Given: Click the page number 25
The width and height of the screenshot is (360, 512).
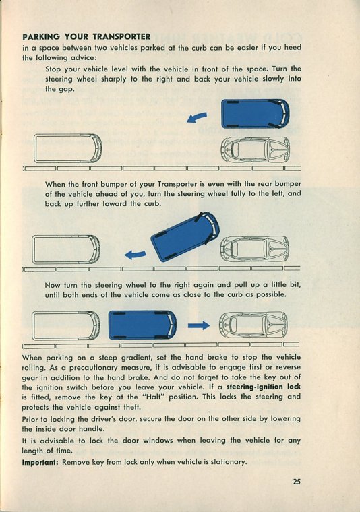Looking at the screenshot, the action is (297, 482).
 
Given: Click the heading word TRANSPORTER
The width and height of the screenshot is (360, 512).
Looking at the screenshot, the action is (121, 36).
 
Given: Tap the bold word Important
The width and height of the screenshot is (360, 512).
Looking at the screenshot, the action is (40, 462).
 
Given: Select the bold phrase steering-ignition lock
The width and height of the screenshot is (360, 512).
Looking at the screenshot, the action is (264, 387).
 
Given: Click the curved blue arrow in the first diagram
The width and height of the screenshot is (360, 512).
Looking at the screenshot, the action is (197, 117).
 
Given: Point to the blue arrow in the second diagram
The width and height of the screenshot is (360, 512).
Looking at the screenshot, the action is (136, 255).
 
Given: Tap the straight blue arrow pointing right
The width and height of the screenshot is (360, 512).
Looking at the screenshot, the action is (199, 325).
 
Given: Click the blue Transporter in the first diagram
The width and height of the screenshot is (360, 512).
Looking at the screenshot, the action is (255, 113).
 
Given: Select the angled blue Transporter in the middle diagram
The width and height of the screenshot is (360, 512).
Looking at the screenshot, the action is (185, 237).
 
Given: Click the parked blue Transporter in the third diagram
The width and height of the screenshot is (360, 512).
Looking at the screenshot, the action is (142, 325).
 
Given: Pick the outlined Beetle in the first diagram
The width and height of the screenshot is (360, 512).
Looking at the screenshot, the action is (256, 150).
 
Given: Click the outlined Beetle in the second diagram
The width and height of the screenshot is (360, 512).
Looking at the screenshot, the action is (254, 249).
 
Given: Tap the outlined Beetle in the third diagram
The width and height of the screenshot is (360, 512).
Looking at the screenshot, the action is (253, 325).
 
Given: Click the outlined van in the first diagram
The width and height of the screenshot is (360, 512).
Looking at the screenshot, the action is (68, 149).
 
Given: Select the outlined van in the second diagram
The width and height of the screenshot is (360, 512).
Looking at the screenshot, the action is (66, 249).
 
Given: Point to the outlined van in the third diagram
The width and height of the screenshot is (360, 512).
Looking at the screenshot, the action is (66, 325).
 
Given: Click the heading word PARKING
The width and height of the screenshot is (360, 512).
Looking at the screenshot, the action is (41, 36).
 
